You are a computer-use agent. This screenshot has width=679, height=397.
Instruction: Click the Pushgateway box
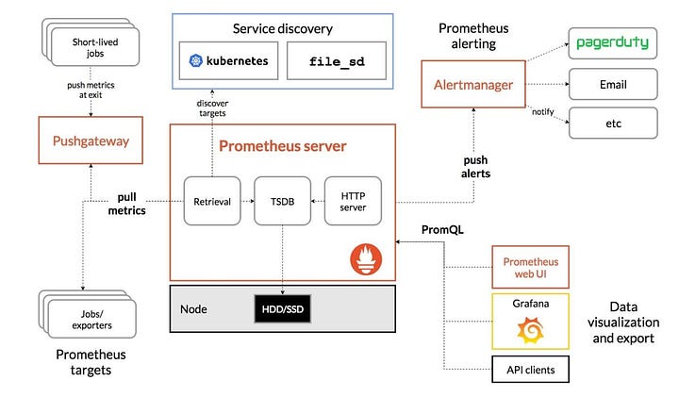coord(91,141)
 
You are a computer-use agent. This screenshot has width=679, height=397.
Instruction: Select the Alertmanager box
coord(473,84)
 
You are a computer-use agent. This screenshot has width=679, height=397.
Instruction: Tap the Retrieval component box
coord(212,201)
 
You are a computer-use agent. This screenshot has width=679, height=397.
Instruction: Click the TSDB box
coord(282,201)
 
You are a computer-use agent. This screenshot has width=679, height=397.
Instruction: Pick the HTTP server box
coord(353,201)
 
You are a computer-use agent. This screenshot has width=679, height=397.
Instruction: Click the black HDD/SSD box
coord(282,308)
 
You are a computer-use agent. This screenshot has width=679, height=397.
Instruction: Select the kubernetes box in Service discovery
coord(228,60)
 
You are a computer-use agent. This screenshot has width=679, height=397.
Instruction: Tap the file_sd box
coord(337,60)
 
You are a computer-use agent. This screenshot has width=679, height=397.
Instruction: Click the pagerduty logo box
coord(613,43)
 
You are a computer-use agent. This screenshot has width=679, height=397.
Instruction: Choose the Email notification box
coord(613,84)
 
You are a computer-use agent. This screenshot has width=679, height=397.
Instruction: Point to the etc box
coord(613,124)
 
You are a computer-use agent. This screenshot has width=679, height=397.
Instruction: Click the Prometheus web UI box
coord(530,267)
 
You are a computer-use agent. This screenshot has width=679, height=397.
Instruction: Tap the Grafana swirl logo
coord(530,330)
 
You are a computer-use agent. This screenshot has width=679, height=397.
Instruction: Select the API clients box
coord(530,370)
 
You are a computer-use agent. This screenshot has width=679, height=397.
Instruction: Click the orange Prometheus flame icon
coord(366,259)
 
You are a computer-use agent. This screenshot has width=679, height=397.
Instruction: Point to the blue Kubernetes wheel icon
coord(196,60)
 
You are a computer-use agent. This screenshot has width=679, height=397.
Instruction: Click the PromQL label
coord(442,229)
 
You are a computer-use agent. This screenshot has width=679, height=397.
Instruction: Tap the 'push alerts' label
coord(475,167)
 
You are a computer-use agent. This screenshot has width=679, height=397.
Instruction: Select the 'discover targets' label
coord(212,108)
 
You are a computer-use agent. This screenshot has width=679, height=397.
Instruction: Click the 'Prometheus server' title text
coord(282,146)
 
